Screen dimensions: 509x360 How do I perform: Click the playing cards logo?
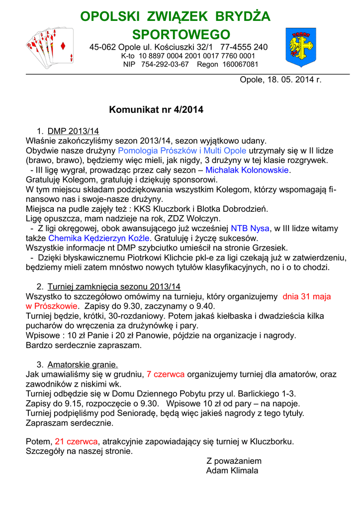50,47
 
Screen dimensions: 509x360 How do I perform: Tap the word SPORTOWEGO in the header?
181,35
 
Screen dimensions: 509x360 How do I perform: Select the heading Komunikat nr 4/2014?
156,110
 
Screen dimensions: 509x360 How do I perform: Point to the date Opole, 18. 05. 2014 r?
281,80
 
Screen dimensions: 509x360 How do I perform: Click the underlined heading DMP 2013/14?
74,131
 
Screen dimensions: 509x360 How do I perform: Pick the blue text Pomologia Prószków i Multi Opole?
182,151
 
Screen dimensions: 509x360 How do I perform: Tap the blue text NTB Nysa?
250,229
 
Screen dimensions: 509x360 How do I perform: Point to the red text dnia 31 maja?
306,296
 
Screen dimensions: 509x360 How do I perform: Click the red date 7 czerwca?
166,374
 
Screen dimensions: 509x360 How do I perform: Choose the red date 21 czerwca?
77,441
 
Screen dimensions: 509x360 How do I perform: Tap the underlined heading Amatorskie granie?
83,364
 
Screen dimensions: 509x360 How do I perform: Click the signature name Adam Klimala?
232,471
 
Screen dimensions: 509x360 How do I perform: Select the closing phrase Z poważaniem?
234,461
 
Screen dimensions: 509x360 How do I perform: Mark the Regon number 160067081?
241,64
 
